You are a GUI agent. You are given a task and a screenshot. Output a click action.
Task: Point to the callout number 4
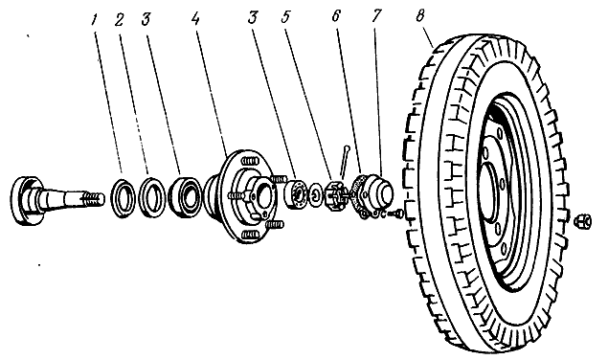(x=195, y=18)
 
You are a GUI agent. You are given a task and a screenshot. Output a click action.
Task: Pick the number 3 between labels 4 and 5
(x=253, y=17)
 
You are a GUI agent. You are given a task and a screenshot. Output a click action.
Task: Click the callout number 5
(x=286, y=18)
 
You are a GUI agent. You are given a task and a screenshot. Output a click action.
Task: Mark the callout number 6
(x=336, y=16)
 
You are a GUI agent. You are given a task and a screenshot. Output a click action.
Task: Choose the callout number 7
(x=375, y=16)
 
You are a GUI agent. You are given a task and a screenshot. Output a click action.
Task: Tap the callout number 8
(x=420, y=16)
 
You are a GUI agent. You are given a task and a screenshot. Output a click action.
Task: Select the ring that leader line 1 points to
(x=123, y=196)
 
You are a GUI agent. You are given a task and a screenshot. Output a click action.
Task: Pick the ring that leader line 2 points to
(x=152, y=196)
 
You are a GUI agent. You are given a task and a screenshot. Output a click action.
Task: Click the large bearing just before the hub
(x=186, y=196)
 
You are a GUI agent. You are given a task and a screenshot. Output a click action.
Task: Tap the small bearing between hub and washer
(x=296, y=192)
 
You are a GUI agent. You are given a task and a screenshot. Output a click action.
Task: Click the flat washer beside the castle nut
(x=316, y=193)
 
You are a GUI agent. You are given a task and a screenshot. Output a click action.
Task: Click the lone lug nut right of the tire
(x=583, y=221)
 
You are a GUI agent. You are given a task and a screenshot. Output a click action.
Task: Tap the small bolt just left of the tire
(x=396, y=213)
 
